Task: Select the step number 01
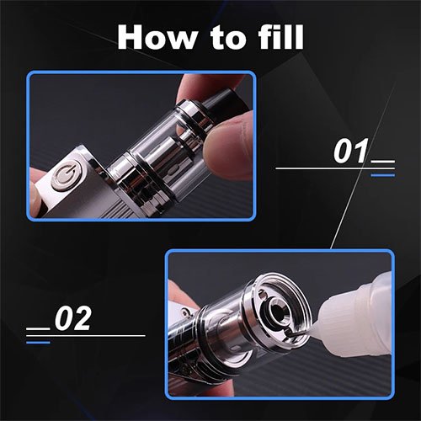coord(352,152)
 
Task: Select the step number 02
coord(72,319)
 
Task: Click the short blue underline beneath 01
coord(382,175)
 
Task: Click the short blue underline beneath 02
coord(37,343)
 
